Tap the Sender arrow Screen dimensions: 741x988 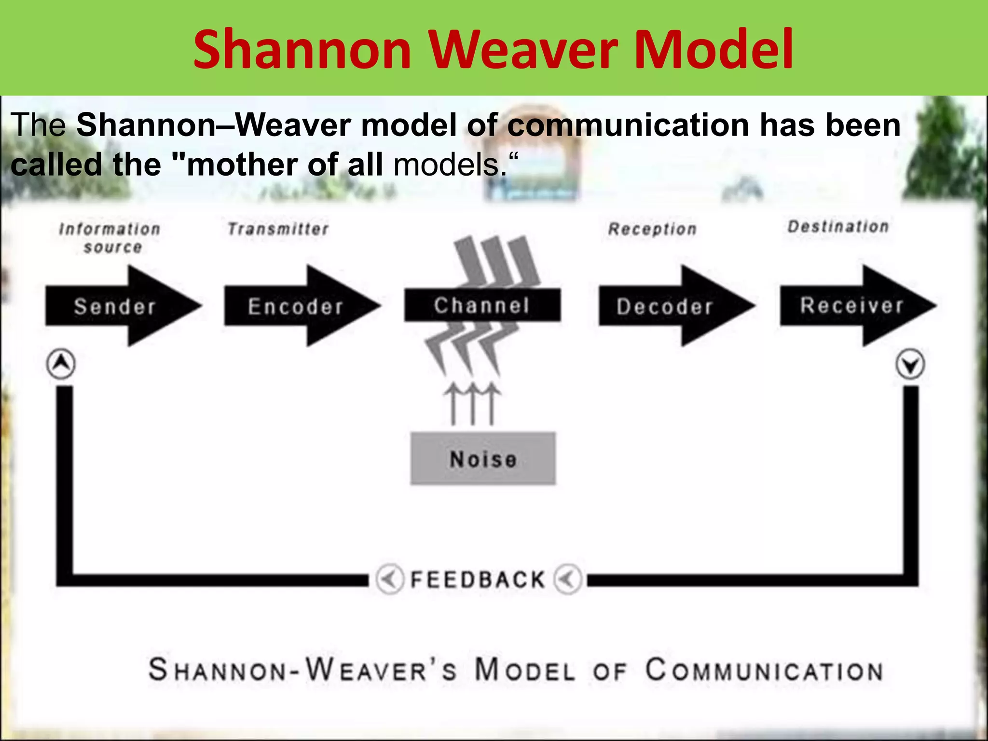click(x=116, y=306)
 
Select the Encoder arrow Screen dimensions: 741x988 click(x=295, y=306)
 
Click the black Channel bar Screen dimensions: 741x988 click(x=482, y=305)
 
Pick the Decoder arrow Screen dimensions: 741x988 click(x=666, y=306)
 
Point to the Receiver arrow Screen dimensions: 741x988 click(x=851, y=305)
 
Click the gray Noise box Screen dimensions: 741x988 click(x=483, y=458)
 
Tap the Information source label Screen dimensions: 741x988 click(x=110, y=238)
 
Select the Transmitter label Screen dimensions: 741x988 click(x=278, y=229)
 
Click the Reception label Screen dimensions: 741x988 click(x=652, y=229)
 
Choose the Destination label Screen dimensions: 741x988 click(x=838, y=226)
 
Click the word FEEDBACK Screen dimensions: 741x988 click(x=478, y=579)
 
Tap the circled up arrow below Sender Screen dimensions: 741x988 click(x=61, y=364)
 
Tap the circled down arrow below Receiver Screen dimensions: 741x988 click(x=910, y=365)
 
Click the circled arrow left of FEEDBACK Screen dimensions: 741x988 click(x=389, y=578)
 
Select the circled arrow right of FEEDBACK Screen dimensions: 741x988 click(x=567, y=578)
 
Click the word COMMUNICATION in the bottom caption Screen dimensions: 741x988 click(x=765, y=671)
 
